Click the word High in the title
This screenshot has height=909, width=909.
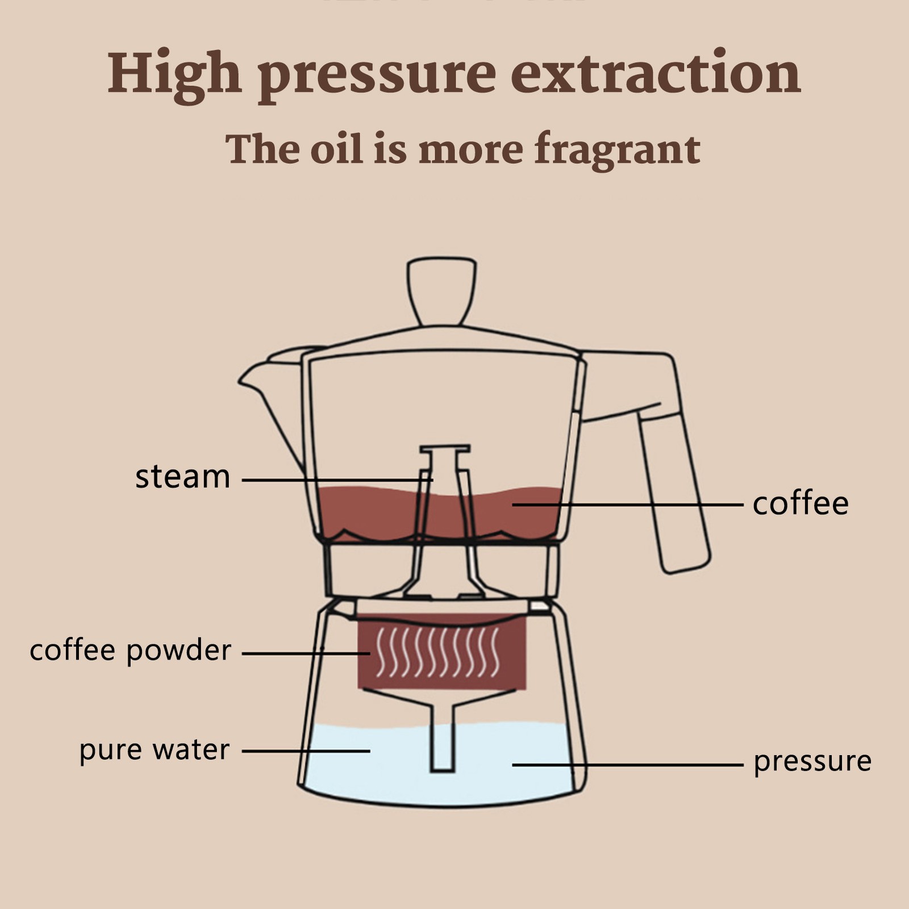175,74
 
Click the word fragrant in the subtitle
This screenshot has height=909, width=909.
617,149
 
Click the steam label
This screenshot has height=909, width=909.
182,477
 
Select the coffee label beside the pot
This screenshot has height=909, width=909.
800,503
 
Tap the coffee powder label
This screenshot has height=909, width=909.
130,651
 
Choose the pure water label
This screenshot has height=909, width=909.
154,750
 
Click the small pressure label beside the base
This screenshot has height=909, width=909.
812,761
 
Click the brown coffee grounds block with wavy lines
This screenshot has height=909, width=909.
442,652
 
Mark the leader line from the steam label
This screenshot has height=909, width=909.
337,480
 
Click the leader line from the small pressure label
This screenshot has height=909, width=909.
628,765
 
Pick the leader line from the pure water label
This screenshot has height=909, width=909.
306,750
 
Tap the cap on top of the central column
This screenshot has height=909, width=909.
445,449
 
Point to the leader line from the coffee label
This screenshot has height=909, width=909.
628,504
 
